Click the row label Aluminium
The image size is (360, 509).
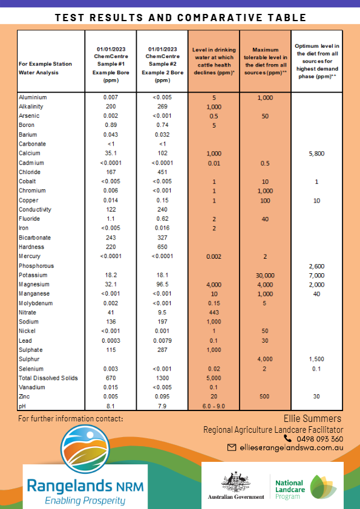[33, 97]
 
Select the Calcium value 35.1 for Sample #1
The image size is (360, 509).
[110, 153]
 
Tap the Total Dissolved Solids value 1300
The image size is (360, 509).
[162, 378]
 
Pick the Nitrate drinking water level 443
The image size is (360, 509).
[214, 313]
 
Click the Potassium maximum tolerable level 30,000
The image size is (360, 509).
[265, 275]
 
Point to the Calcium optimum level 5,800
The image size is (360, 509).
[316, 153]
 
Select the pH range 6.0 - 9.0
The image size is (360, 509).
[214, 406]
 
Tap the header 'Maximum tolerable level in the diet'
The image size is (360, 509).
[265, 60]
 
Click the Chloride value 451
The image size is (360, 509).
[162, 172]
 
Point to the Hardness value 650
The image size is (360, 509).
[162, 247]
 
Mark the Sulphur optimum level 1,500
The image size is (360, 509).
[316, 359]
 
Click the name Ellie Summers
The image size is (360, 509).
[312, 418]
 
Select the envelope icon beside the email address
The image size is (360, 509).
[231, 448]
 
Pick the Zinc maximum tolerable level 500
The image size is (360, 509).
[265, 397]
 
